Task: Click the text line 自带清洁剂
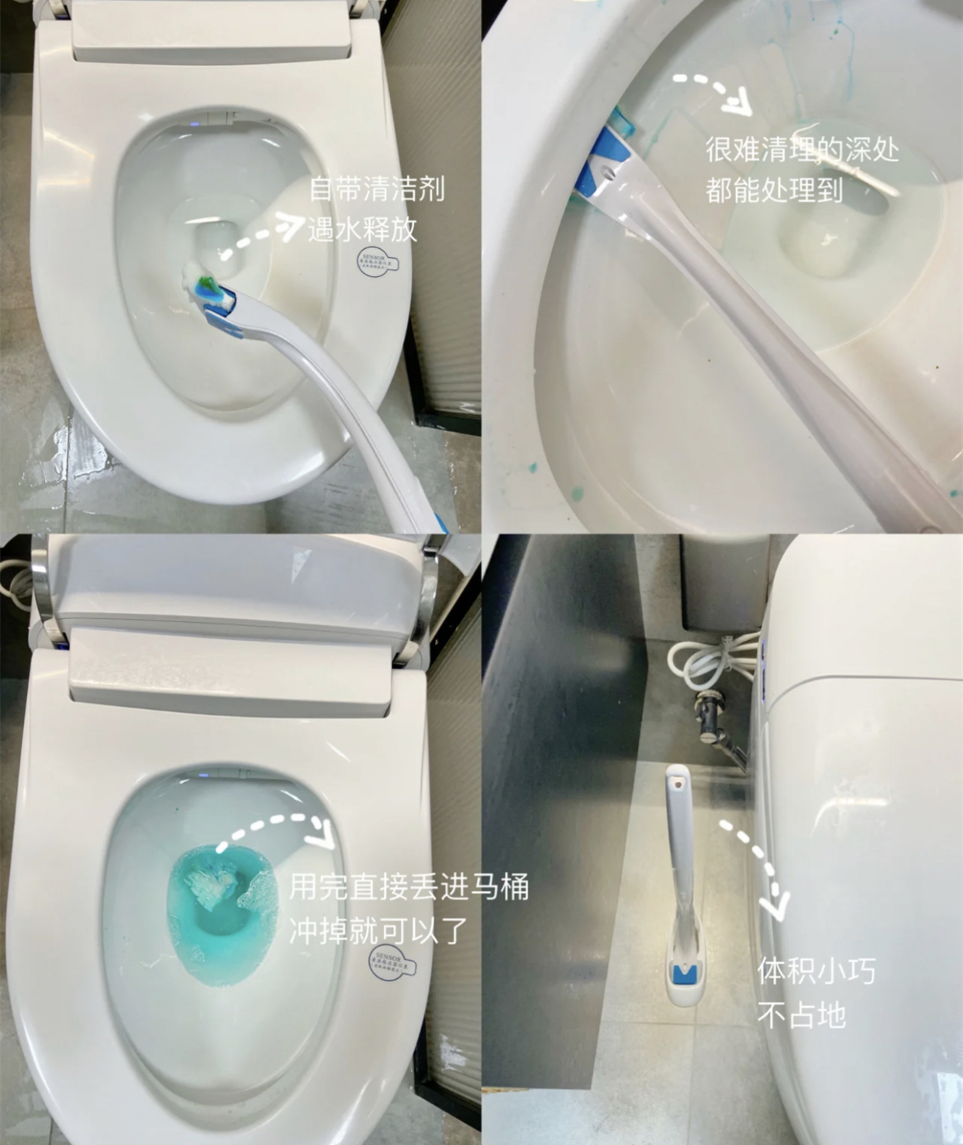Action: click(x=377, y=189)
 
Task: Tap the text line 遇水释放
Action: click(x=362, y=229)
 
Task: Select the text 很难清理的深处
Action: click(x=802, y=149)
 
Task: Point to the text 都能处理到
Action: click(x=774, y=189)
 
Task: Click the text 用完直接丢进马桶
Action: click(x=409, y=886)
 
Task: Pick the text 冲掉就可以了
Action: click(x=378, y=930)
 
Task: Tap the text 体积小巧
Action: click(x=816, y=970)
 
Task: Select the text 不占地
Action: click(x=801, y=1014)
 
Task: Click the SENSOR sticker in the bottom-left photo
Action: click(x=392, y=963)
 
